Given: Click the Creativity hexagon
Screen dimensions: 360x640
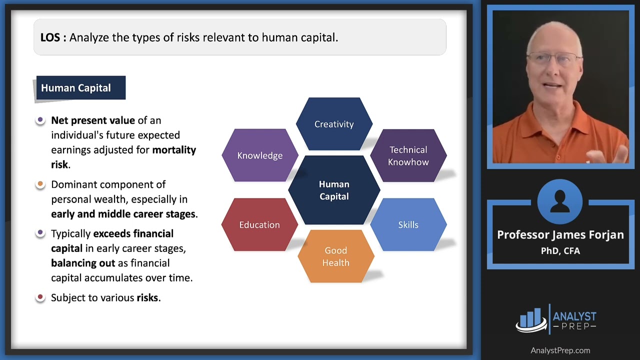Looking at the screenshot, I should point(334,124).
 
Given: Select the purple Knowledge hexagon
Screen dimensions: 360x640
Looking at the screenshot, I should point(259,155).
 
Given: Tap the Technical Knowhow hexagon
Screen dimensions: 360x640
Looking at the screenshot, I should point(408,155).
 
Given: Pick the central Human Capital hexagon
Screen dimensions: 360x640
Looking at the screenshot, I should point(334,190).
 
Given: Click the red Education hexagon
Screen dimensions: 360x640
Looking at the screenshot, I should point(259,224).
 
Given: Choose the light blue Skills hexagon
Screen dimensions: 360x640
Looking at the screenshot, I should point(408,224).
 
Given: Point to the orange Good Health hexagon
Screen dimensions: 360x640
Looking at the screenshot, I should point(335,256).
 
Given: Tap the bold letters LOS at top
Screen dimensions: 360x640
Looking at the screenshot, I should point(50,37).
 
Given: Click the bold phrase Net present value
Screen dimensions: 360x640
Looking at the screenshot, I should point(93,120).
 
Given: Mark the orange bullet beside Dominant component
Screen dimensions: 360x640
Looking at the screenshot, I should point(40,184).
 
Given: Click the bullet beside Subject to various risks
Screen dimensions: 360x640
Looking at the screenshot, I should point(40,297).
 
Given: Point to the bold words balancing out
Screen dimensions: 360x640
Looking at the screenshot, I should point(82,263).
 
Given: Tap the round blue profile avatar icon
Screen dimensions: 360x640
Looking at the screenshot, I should point(560,201).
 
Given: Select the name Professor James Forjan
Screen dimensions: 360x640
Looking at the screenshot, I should point(560,235).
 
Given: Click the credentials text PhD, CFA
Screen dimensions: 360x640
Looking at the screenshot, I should point(560,251).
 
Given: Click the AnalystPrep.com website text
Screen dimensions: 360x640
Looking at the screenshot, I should point(560,350).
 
